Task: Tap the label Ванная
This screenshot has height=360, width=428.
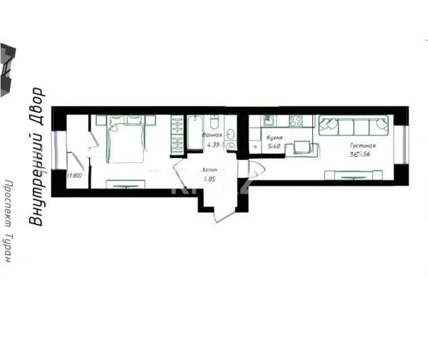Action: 212,135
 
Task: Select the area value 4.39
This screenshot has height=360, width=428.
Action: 212,144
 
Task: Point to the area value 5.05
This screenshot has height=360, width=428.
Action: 209,180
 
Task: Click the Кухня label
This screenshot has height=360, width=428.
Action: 274,137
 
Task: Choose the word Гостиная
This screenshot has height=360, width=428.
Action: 362,146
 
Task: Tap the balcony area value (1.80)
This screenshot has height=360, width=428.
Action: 74,176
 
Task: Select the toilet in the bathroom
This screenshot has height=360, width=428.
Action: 214,123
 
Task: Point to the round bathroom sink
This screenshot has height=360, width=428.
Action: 230,144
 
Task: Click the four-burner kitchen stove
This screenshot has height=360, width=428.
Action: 296,121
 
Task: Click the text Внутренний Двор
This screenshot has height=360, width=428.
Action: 37,157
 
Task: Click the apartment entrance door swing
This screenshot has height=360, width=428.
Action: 226,207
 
